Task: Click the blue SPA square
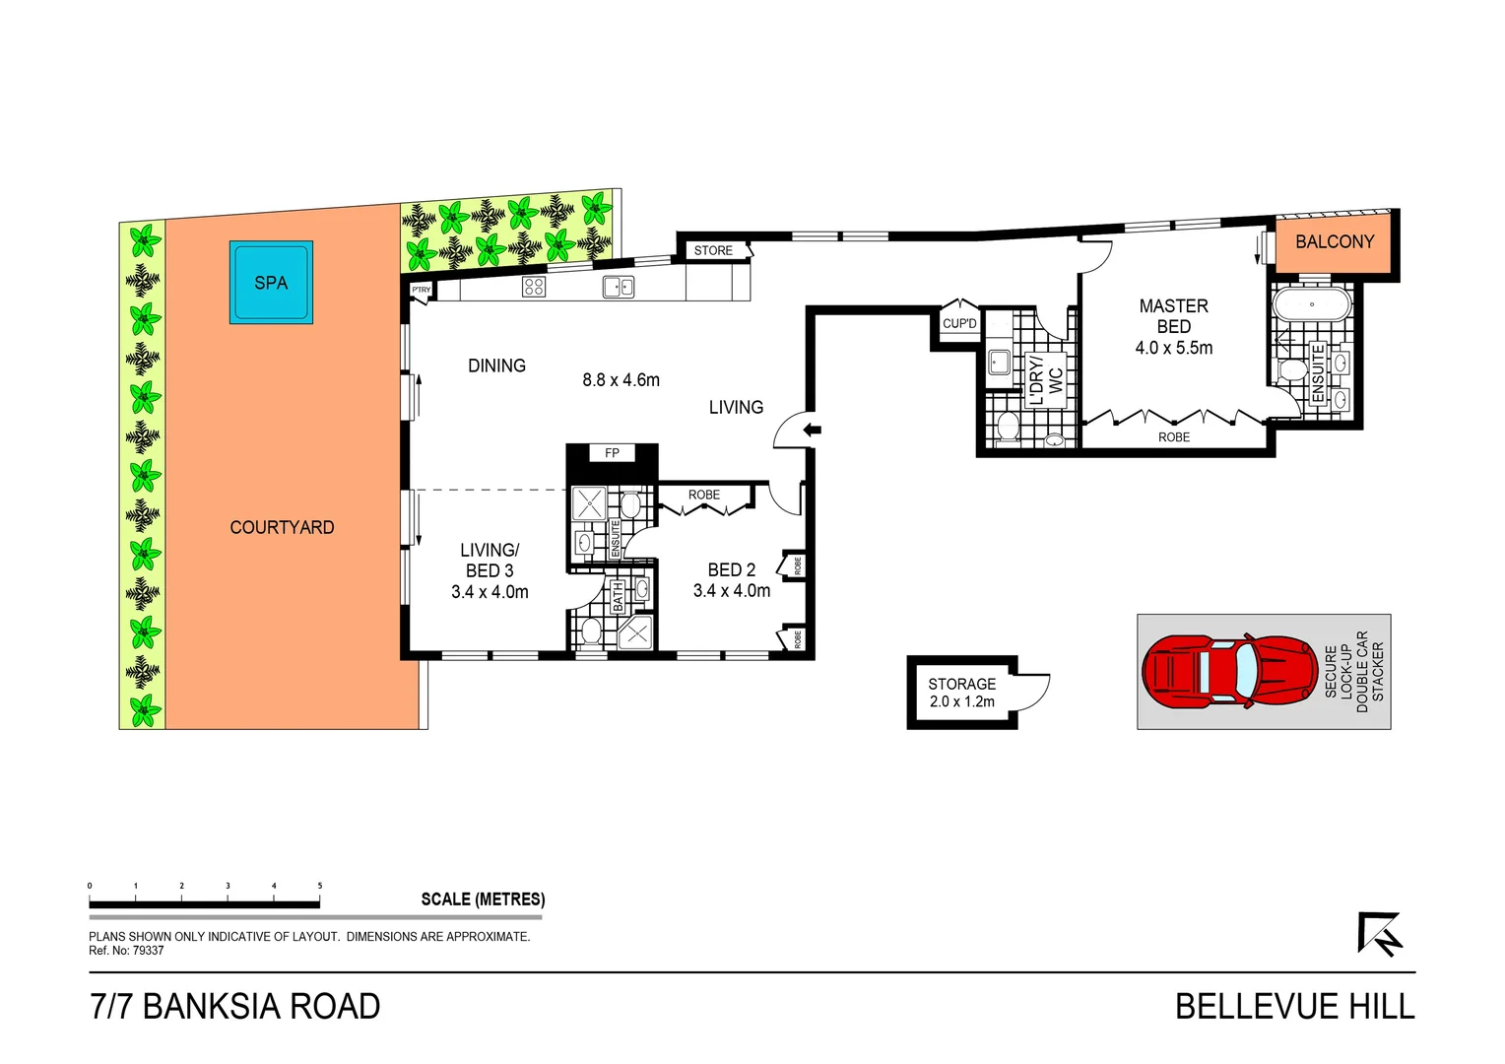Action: point(271,282)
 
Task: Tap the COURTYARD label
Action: point(282,527)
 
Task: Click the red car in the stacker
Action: point(1229,672)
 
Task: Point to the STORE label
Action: point(713,250)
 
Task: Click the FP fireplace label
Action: point(612,453)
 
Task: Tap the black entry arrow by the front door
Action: point(813,430)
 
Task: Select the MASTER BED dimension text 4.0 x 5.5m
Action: point(1173,348)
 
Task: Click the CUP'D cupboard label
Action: point(959,323)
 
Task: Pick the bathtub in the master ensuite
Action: point(1312,303)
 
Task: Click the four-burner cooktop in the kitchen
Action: point(534,287)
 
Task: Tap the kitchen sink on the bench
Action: point(618,287)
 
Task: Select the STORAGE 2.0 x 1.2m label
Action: point(961,693)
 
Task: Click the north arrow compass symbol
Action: point(1379,934)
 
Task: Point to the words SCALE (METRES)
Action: point(483,898)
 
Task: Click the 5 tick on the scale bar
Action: point(320,887)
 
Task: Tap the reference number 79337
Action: point(148,951)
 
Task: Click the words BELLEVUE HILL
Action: point(1294,1007)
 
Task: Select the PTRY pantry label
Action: point(421,290)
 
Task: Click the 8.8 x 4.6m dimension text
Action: point(621,380)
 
